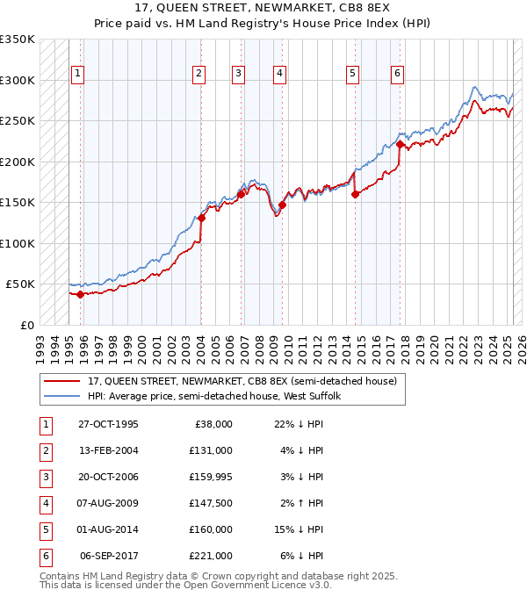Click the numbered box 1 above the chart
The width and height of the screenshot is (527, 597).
pyautogui.click(x=78, y=74)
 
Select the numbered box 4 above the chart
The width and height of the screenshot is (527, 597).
pyautogui.click(x=278, y=74)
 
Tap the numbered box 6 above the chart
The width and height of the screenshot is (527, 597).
pyautogui.click(x=398, y=74)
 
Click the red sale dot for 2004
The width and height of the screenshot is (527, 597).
pyautogui.click(x=201, y=218)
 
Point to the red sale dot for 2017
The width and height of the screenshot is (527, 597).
pyautogui.click(x=400, y=144)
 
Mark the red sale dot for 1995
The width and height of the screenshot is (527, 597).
pyautogui.click(x=80, y=294)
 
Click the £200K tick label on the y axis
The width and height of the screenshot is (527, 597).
pyautogui.click(x=18, y=162)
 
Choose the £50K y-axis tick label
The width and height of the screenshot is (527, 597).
pyautogui.click(x=21, y=284)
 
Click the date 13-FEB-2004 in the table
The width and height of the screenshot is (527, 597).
pyautogui.click(x=108, y=450)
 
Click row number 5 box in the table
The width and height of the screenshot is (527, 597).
pyautogui.click(x=44, y=529)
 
